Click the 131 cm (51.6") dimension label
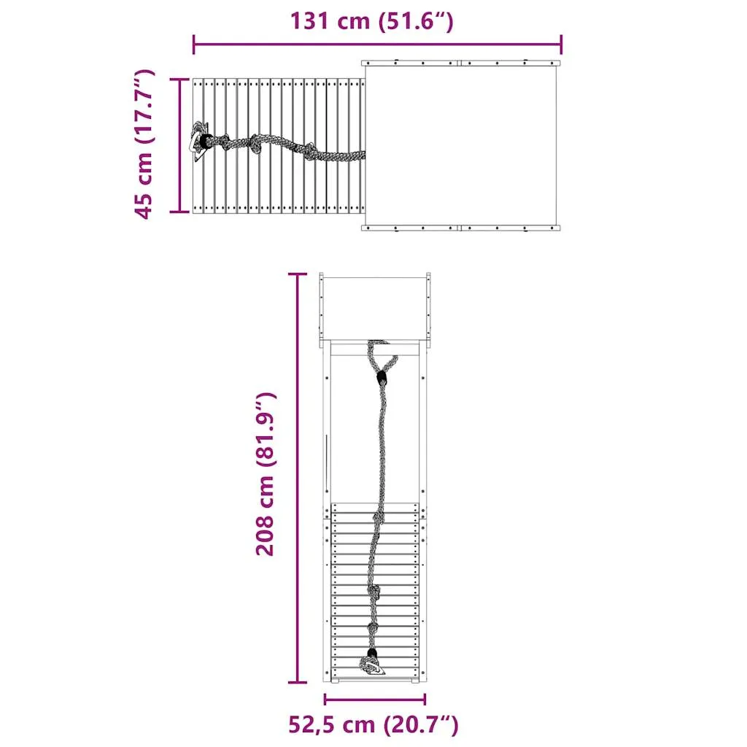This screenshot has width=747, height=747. [x=371, y=21]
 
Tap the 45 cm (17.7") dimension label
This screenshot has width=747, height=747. [x=144, y=144]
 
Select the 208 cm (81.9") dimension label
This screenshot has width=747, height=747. [x=266, y=474]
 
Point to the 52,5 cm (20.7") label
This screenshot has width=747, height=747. [x=373, y=724]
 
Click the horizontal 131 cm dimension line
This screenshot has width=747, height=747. [x=377, y=44]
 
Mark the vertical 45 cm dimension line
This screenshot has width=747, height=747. [x=180, y=145]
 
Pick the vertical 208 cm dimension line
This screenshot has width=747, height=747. [x=298, y=478]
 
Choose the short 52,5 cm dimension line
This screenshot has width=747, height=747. [x=374, y=700]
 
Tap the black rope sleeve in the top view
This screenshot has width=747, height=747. [x=206, y=141]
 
